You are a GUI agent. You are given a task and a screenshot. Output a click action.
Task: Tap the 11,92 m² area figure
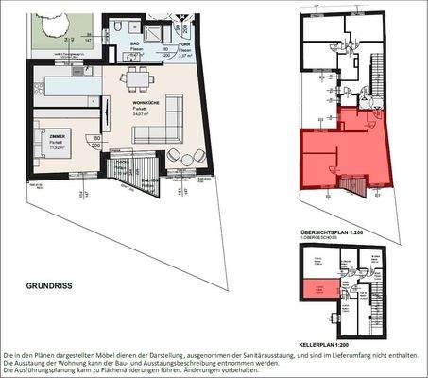click(x=48, y=148)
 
